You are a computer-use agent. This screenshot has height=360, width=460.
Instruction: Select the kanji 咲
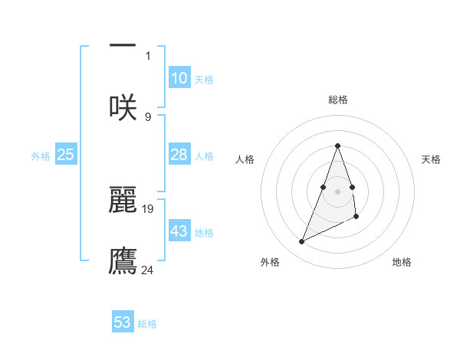point(123,106)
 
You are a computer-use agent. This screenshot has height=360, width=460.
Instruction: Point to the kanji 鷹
point(123,260)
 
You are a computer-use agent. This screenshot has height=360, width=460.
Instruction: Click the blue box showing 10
point(179,78)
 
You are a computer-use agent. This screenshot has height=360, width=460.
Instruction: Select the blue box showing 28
point(179,155)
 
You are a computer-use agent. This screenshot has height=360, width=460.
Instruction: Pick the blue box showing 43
point(179,231)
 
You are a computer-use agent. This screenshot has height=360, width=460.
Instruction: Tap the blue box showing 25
point(66,155)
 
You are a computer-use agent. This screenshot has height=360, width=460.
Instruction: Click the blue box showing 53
point(123,322)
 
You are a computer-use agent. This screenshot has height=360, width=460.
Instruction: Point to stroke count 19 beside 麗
point(148,208)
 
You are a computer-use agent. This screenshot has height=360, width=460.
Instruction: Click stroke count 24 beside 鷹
point(148,269)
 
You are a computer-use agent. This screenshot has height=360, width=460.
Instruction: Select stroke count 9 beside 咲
point(148,116)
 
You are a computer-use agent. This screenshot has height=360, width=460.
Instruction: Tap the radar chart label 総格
point(338,100)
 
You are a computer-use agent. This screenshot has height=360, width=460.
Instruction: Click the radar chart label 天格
point(432,159)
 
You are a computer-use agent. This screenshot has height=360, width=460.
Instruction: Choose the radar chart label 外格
point(270,262)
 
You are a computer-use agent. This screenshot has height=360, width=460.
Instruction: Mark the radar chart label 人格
point(245,159)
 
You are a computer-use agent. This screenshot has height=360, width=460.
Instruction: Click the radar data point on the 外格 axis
point(302,242)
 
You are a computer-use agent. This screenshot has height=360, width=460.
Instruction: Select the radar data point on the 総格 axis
point(338,146)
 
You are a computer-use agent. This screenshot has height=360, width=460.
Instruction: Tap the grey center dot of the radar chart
point(338,191)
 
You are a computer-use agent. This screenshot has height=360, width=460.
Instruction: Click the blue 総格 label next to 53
point(147,324)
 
